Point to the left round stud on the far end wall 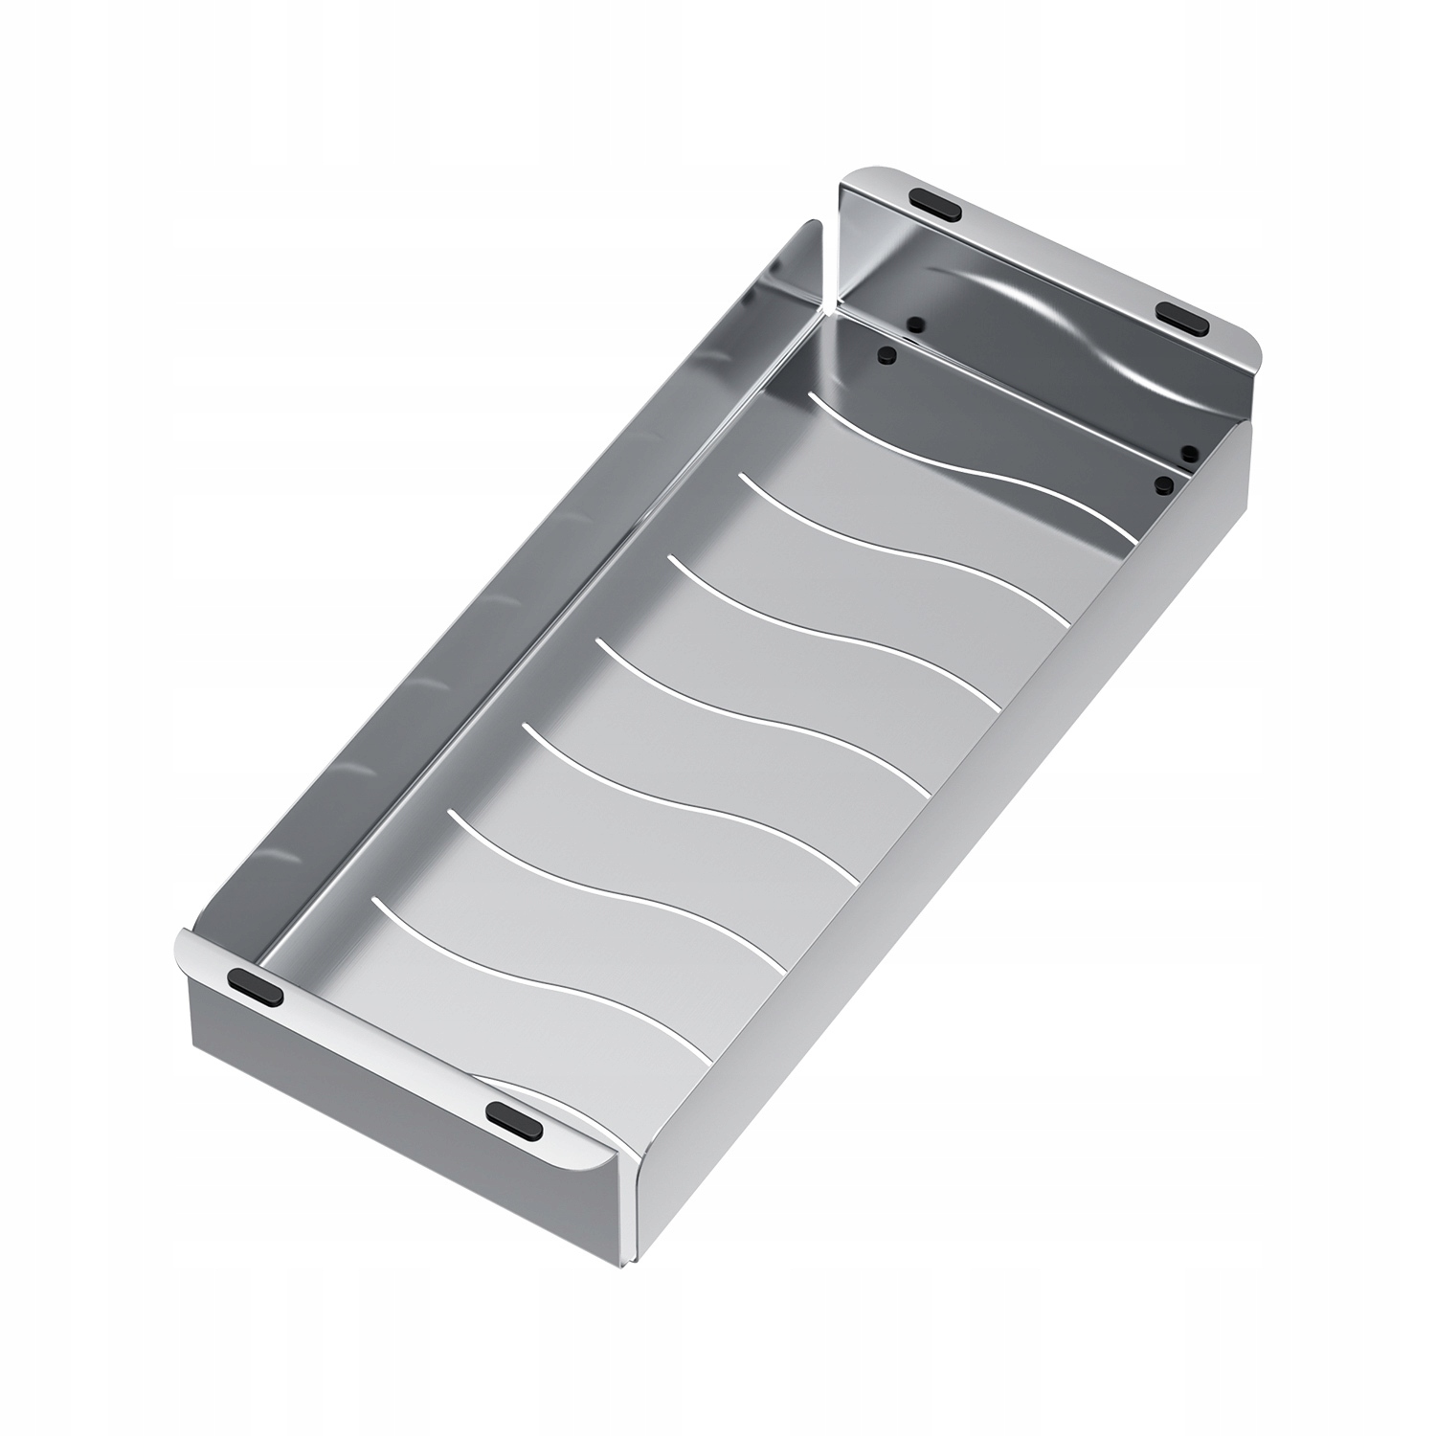coord(914,324)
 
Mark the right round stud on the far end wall coord(1190,451)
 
